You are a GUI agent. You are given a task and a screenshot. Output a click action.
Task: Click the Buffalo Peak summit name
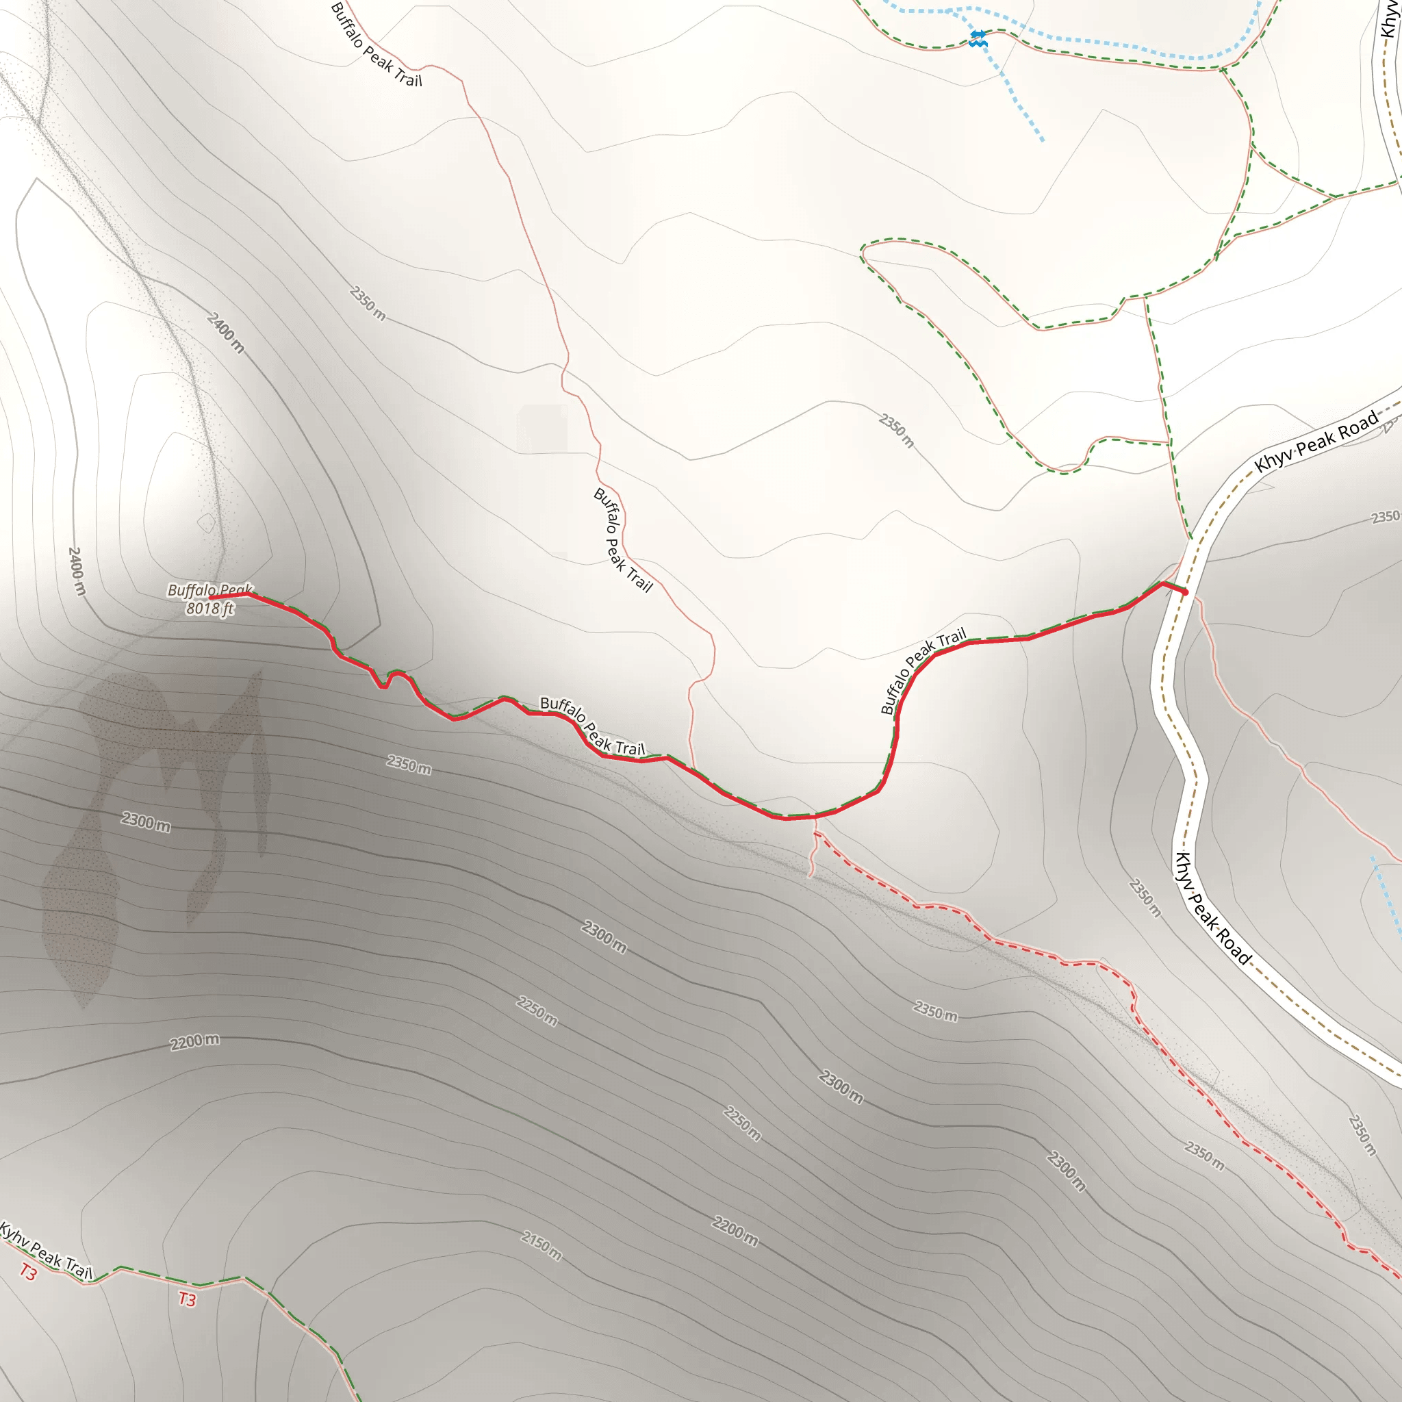pos(209,590)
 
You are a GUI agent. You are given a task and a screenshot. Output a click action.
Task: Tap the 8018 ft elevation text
pos(209,608)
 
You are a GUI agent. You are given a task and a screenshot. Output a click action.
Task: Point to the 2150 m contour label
pos(541,1245)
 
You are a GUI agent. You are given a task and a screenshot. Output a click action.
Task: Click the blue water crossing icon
pos(978,38)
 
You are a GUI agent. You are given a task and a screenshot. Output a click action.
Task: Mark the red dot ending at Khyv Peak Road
pos(1185,592)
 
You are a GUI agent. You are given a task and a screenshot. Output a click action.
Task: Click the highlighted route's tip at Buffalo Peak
pos(211,597)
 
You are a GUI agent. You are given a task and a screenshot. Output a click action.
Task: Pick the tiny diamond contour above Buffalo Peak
pos(206,522)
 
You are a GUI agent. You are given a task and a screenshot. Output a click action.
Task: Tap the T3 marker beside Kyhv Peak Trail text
pos(27,1271)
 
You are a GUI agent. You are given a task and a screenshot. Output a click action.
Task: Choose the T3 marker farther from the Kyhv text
pos(187,1299)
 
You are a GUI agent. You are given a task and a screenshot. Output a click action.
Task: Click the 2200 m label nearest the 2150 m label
pos(735,1232)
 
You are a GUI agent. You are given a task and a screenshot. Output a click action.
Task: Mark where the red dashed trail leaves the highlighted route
pos(815,818)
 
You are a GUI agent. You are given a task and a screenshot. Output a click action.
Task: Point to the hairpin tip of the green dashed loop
pos(863,251)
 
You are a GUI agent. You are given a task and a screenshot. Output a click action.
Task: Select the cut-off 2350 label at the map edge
pos(1386,517)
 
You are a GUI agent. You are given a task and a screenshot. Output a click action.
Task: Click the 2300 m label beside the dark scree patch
pos(146,822)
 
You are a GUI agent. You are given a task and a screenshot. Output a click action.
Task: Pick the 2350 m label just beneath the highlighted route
pos(409,764)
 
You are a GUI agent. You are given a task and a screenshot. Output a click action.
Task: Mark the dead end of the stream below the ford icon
pos(1043,140)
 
